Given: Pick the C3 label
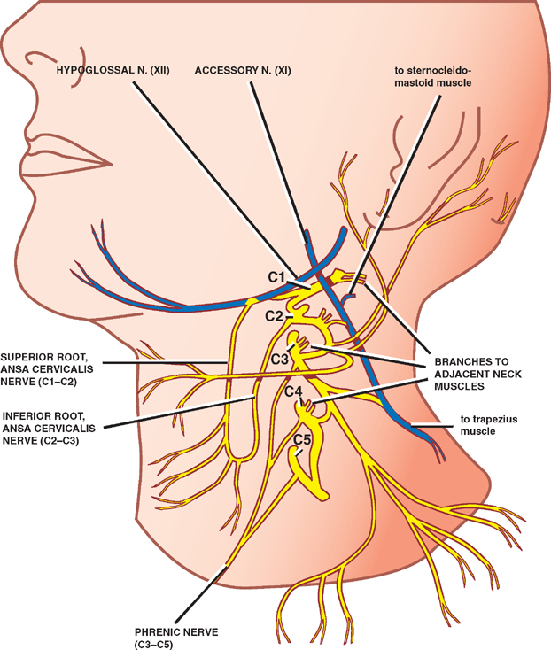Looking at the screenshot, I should coord(278,358).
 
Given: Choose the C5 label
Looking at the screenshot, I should coord(302,438).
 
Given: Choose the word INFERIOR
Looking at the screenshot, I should coord(28,414).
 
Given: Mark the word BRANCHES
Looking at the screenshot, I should coord(465,362).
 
